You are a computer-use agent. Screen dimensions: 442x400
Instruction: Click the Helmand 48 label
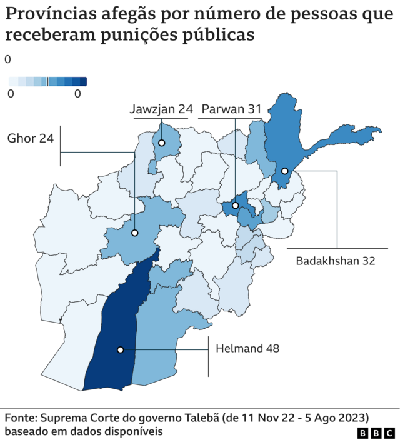pos(247,348)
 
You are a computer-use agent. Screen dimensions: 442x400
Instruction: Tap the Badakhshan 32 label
pos(336,261)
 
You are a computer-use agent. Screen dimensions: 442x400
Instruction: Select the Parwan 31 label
pos(231,109)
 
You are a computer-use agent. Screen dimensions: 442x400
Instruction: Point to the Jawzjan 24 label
pos(161,109)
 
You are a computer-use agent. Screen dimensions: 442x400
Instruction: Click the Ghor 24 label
pos(31,138)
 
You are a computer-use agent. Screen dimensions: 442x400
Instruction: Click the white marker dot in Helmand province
pos(120,350)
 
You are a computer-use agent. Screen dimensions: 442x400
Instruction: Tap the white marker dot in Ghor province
pos(134,233)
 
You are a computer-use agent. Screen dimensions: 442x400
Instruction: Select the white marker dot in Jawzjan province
pos(161,143)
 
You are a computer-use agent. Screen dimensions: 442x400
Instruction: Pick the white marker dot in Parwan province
pos(236,205)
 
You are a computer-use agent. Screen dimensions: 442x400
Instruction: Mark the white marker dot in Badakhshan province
pos(284,171)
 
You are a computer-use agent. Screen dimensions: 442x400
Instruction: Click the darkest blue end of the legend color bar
pos(83,81)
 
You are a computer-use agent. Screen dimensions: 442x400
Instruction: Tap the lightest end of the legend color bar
pos(12,81)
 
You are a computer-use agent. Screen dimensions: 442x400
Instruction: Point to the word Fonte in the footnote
pos(20,417)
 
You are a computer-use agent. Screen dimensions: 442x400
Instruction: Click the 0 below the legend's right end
pos(77,94)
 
